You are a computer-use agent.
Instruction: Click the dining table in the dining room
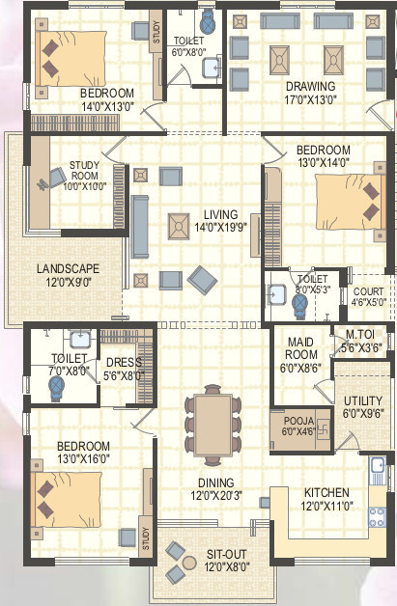point(213,425)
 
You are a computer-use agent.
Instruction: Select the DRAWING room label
point(310,86)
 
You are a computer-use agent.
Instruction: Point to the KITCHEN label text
point(326,493)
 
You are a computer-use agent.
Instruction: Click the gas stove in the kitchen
point(377,516)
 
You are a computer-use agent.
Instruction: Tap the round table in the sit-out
point(189,563)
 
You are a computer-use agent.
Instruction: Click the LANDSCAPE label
point(69,268)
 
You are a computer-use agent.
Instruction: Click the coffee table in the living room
point(179,226)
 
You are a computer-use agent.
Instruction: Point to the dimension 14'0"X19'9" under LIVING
point(220,228)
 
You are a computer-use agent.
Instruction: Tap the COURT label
point(368,291)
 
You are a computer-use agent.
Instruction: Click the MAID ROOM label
point(301,348)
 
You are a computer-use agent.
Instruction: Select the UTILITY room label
point(363,400)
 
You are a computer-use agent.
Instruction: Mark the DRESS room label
point(124,362)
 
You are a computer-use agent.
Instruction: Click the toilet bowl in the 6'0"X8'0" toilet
point(208,22)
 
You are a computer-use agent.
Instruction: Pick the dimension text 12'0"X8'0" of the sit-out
point(227,567)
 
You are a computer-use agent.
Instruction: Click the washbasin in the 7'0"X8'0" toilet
point(80,339)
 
